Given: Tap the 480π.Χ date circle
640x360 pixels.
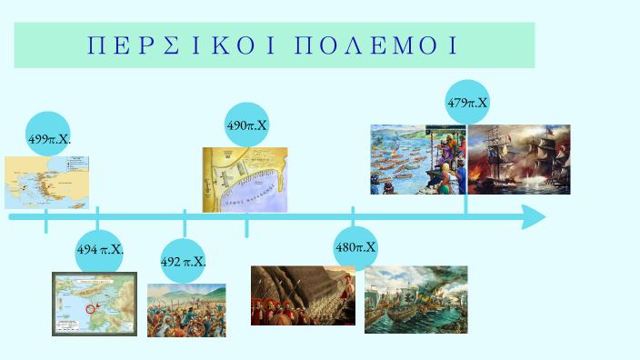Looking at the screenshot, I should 355,247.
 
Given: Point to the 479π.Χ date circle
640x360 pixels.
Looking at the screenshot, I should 467,103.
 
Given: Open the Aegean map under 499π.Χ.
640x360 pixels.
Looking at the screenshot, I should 46,182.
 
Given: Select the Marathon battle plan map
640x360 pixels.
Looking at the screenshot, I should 245,179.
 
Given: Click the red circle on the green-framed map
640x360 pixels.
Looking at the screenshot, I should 90,309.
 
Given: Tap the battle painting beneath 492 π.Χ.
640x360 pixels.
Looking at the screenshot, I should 186,310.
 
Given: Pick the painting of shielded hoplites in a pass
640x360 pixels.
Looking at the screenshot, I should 303,295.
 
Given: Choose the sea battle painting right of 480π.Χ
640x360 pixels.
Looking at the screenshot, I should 415,299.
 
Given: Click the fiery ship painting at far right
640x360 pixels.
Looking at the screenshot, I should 519,159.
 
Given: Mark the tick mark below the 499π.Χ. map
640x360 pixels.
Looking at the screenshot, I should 46,224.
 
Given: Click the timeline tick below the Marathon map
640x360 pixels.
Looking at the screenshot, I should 246,226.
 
